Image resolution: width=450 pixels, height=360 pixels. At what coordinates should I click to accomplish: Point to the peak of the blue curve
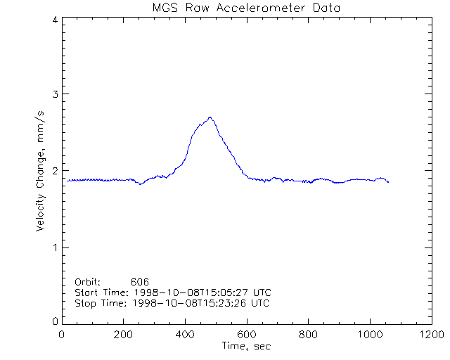click(210, 117)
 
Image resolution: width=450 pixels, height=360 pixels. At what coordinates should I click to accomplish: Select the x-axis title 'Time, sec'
click(246, 346)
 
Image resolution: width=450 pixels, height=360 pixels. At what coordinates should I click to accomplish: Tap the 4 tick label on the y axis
click(54, 20)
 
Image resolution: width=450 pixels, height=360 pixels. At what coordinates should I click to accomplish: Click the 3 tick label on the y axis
click(54, 94)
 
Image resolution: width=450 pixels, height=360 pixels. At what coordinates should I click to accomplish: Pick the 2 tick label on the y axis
click(54, 171)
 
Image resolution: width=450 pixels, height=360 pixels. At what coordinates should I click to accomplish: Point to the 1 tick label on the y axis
click(54, 247)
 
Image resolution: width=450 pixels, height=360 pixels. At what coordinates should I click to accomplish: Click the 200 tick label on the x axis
click(124, 335)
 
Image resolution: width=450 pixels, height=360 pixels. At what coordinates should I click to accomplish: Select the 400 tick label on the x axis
click(185, 335)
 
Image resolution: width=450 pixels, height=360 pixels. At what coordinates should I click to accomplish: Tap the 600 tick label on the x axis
click(246, 335)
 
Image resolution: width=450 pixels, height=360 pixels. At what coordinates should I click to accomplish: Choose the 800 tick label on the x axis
click(308, 335)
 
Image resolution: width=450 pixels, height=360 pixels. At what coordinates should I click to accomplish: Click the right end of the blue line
click(388, 182)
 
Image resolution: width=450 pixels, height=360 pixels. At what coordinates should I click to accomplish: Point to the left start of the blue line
click(67, 181)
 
